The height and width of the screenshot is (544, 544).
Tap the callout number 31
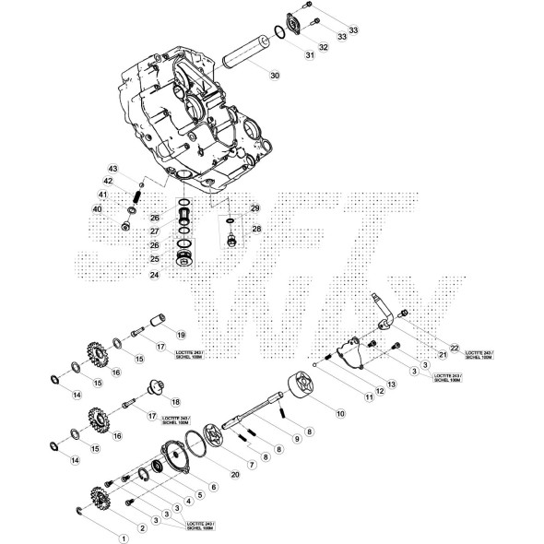pyautogui.click(x=310, y=55)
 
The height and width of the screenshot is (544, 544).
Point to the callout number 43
pyautogui.click(x=113, y=169)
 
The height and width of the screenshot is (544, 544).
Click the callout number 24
pyautogui.click(x=155, y=275)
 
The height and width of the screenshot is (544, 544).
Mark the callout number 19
pyautogui.click(x=181, y=334)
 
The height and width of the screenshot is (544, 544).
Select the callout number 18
pyautogui.click(x=175, y=402)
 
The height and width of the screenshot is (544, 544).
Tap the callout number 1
pyautogui.click(x=120, y=534)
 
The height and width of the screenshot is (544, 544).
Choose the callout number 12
pyautogui.click(x=379, y=391)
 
